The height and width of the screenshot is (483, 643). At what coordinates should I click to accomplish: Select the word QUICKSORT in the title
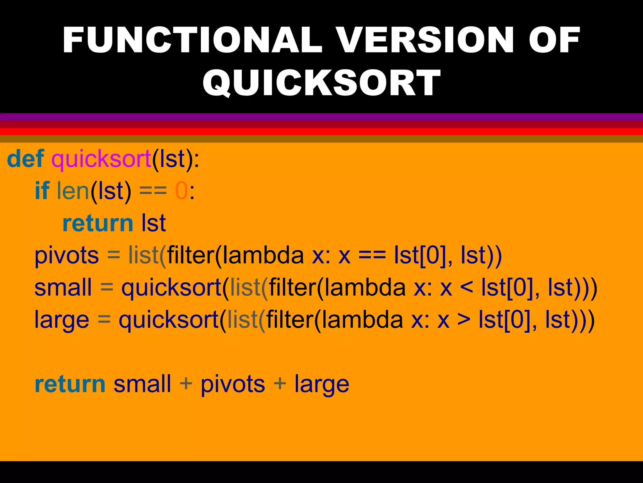321,83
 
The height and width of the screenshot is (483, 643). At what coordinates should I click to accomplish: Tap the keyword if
42,191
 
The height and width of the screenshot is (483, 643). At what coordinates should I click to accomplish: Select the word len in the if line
73,191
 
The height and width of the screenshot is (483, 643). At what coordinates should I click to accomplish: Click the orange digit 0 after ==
181,191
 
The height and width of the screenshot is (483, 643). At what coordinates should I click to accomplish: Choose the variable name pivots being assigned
67,255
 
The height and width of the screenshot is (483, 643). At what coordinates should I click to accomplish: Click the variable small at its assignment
63,287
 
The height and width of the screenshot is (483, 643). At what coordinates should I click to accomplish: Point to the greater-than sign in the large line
464,320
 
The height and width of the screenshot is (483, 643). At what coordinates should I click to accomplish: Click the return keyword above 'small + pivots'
70,384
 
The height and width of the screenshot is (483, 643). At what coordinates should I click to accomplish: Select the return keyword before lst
98,223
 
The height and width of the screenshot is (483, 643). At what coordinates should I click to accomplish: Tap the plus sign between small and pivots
186,384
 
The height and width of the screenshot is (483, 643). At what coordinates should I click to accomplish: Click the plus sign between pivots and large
279,384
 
